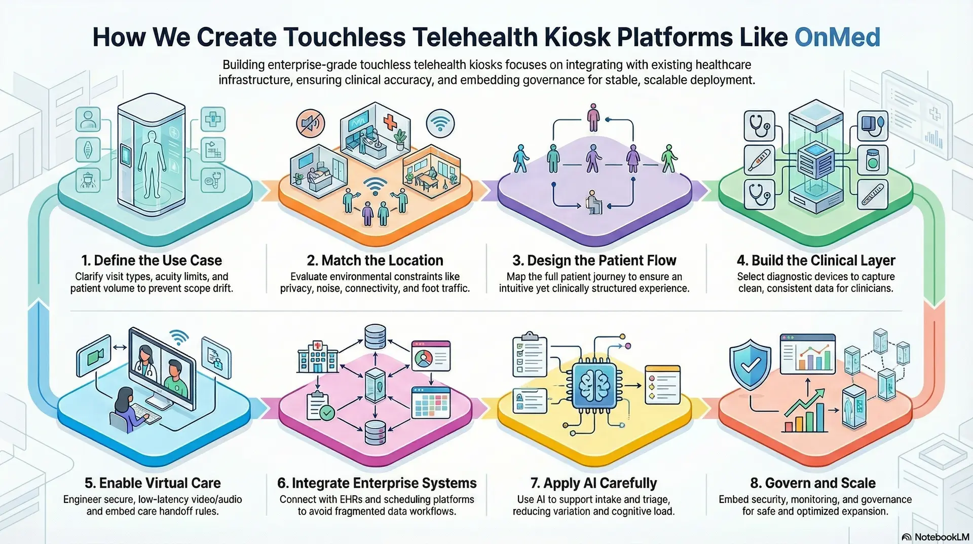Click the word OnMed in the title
pos(837,37)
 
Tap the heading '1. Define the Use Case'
pos(152,260)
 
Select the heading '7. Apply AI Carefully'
pos(593,483)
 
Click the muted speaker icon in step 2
pos(310,123)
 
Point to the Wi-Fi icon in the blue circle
pos(440,123)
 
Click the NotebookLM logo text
pos(942,537)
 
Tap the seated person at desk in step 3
pos(592,202)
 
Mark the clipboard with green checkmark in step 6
pos(320,407)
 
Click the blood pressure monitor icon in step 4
pos(873,126)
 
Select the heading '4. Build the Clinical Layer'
pos(816,260)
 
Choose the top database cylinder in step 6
pos(375,337)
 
